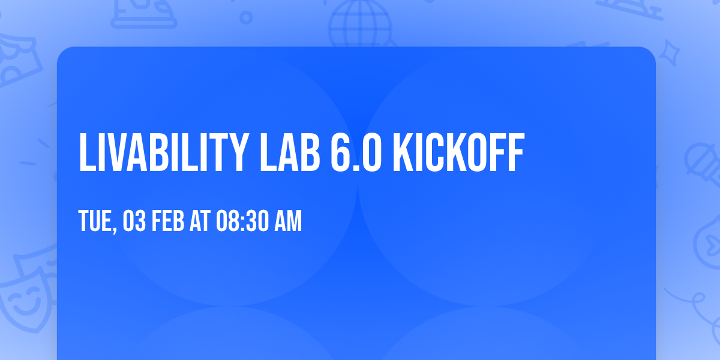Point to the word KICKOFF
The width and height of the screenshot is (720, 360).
459,154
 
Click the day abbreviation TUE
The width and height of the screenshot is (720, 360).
95,222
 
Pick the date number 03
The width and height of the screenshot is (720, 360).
134,222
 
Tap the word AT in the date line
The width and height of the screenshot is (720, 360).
200,222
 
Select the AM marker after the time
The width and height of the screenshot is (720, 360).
287,222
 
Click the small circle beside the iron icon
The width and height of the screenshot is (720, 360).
247,17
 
